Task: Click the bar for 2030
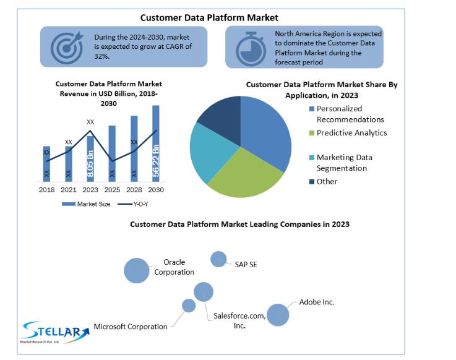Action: (156, 144)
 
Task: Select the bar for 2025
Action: (112, 153)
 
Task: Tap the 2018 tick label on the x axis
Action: (46, 190)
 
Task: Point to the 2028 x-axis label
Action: (134, 190)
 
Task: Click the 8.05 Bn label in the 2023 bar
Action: (90, 164)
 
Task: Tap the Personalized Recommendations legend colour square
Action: (312, 109)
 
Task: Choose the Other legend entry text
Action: (327, 181)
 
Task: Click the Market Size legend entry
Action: (86, 204)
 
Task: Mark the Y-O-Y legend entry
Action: (133, 204)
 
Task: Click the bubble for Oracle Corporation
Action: (136, 270)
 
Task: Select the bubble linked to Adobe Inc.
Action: (278, 315)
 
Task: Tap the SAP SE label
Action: (246, 265)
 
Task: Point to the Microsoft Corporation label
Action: (131, 327)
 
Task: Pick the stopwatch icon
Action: (251, 49)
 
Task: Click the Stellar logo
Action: (55, 332)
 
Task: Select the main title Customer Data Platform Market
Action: (209, 18)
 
